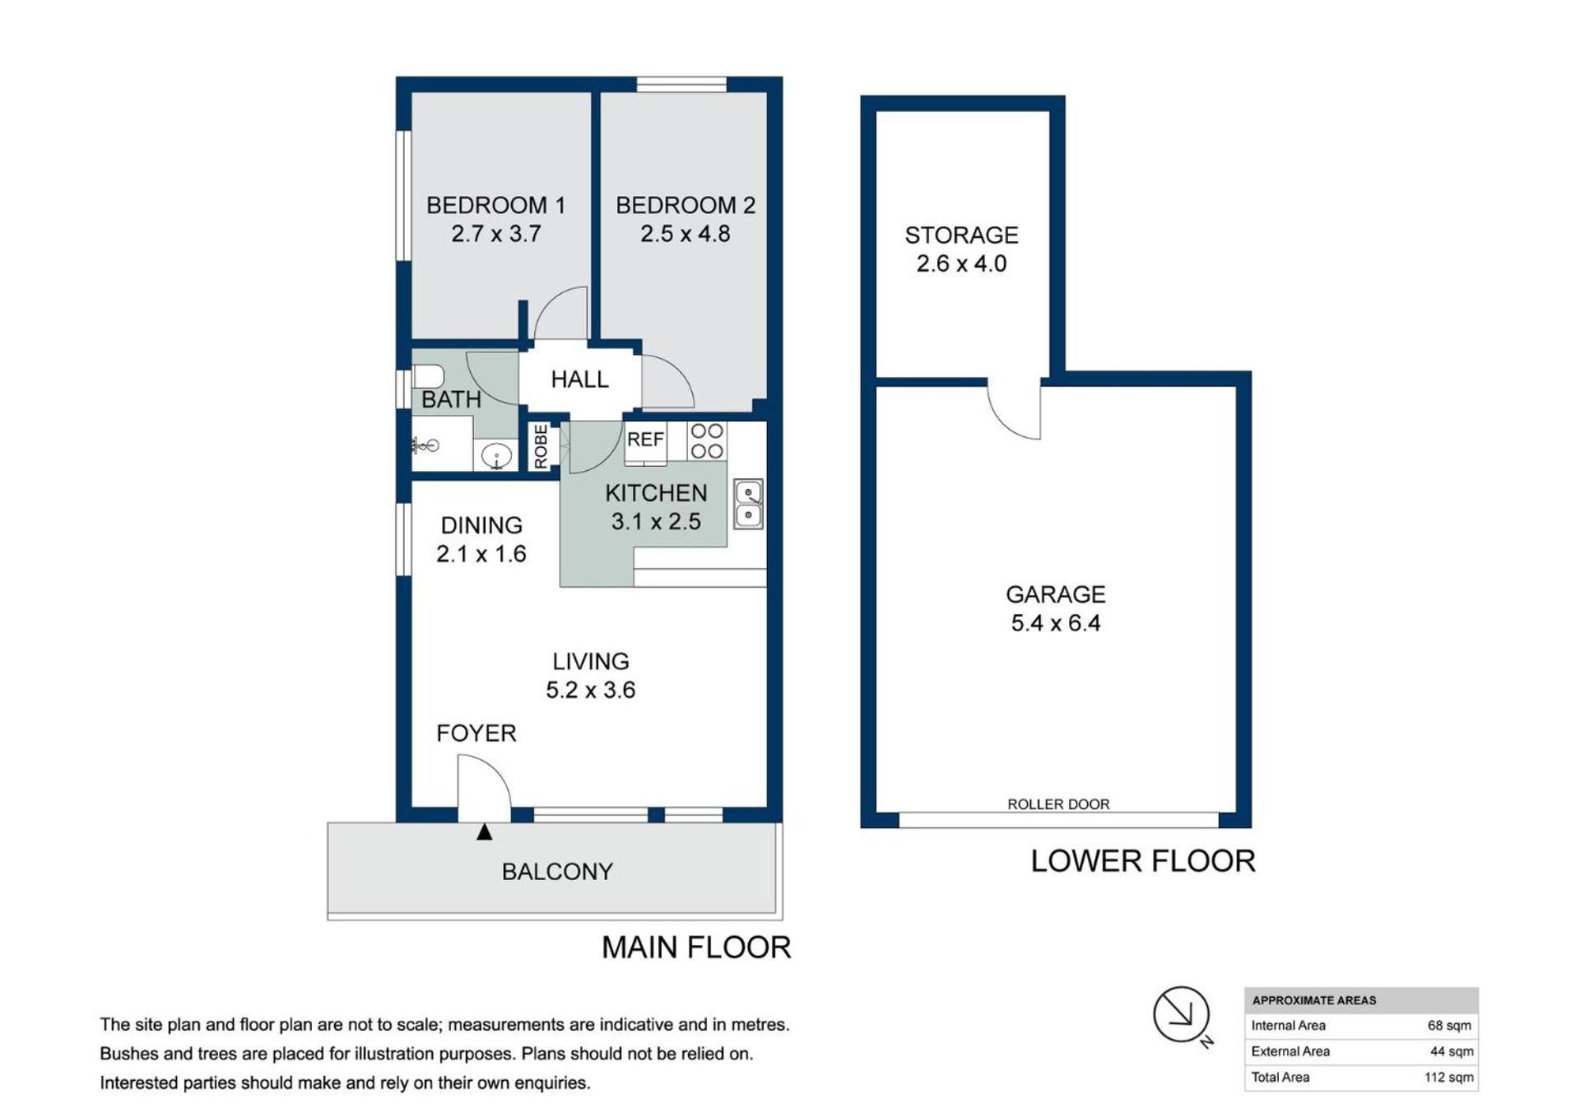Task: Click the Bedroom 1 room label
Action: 495,205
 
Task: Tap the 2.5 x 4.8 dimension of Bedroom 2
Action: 685,234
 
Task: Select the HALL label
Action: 580,380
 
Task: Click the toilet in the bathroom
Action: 428,376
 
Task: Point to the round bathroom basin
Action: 497,455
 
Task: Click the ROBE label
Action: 541,447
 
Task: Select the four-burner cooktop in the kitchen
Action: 707,441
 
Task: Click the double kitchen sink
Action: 748,504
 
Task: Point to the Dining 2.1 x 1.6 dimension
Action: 481,554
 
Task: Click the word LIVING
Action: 591,661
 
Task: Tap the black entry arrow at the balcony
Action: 485,832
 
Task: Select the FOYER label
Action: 476,734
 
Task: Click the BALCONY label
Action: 557,872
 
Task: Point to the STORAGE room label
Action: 962,235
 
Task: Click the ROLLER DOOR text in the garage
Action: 1058,804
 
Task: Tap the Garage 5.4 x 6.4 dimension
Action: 1056,623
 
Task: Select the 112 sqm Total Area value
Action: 1449,1078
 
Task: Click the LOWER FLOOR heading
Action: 1143,861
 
